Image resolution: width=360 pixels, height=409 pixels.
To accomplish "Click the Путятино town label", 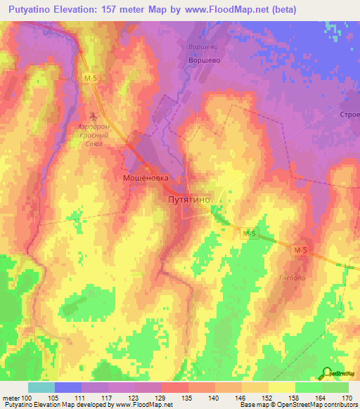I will click(188, 200).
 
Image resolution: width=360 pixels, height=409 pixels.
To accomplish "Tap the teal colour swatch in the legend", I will click(41, 387).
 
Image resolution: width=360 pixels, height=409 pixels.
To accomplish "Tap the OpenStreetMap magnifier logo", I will click(327, 372).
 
